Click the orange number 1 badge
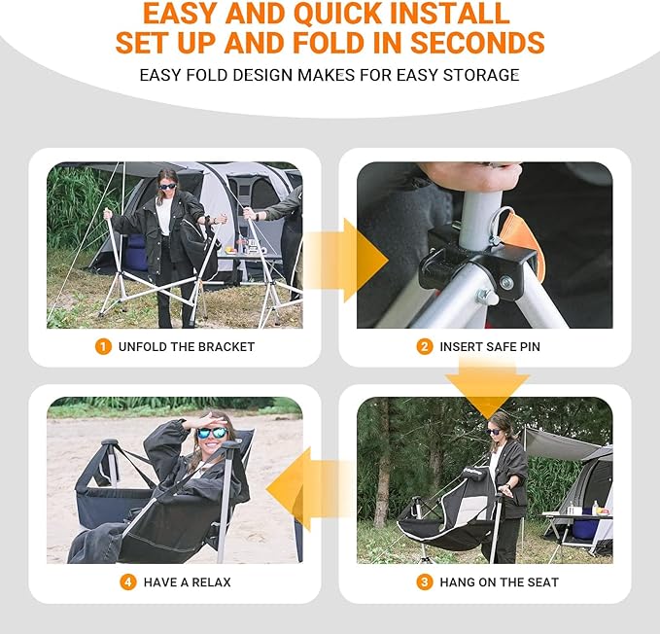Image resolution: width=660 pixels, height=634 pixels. pos(103,346)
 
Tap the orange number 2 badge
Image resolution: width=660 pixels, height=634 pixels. pos(424,346)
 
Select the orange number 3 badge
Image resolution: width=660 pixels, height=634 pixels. pos(424,582)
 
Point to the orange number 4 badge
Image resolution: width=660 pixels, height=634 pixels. pos(128,582)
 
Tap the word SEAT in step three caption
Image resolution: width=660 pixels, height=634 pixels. pos(540,582)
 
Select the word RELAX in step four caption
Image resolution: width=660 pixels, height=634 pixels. pos(210,582)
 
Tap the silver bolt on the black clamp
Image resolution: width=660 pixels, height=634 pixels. pos(507,282)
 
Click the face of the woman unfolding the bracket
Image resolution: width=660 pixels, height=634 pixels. pos(167,184)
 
